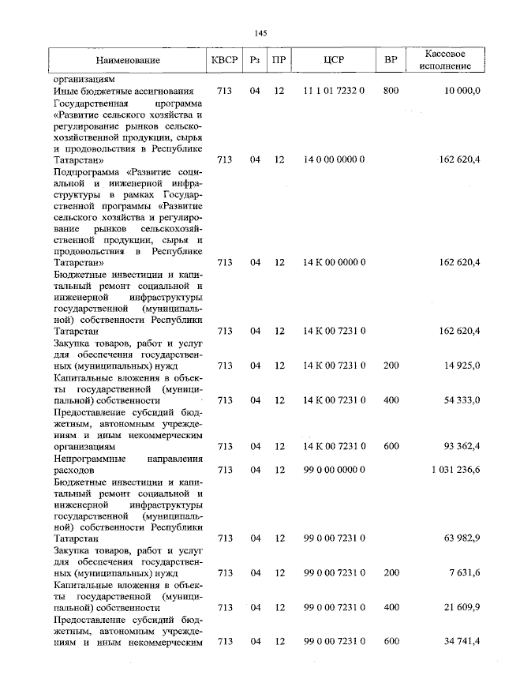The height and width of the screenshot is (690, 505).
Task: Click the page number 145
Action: pyautogui.click(x=262, y=32)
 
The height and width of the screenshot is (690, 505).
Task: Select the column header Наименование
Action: pyautogui.click(x=128, y=60)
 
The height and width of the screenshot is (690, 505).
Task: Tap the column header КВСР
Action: pyautogui.click(x=224, y=60)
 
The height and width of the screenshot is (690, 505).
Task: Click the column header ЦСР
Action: pyautogui.click(x=334, y=60)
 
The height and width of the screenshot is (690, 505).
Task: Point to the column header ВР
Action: pyautogui.click(x=390, y=60)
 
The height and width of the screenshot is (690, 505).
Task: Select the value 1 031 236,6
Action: pyautogui.click(x=455, y=470)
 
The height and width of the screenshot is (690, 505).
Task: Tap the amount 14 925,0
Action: pyautogui.click(x=462, y=366)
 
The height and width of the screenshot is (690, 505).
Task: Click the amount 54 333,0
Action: pyautogui.click(x=462, y=400)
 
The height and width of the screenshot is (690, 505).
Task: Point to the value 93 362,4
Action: pyautogui.click(x=462, y=446)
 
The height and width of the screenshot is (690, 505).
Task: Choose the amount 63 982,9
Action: pyautogui.click(x=462, y=538)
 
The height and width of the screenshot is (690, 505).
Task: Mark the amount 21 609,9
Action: pyautogui.click(x=462, y=607)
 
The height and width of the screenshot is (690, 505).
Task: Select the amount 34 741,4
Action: pyautogui.click(x=462, y=642)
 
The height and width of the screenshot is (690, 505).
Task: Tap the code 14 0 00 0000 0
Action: pyautogui.click(x=334, y=159)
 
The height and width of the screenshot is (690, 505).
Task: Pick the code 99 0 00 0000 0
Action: pyautogui.click(x=334, y=470)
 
